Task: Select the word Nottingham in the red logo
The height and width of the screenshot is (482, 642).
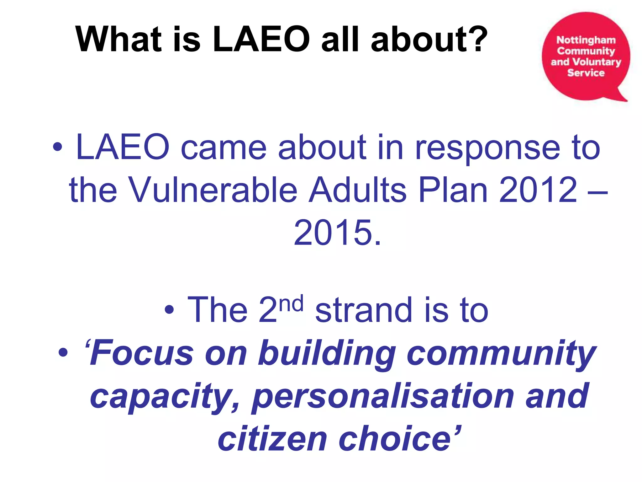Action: (x=586, y=40)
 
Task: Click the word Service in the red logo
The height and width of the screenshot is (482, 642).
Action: (x=586, y=73)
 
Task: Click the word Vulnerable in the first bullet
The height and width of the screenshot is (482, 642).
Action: (x=213, y=190)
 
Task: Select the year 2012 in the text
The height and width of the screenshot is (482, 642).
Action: (x=538, y=190)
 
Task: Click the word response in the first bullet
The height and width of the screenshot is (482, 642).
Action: (x=487, y=147)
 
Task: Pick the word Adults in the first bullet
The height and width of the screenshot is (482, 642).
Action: (x=358, y=190)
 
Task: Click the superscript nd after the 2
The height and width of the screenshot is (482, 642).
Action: (x=291, y=303)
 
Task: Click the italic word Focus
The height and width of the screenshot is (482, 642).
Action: (x=141, y=353)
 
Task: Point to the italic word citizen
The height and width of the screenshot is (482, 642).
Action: (x=272, y=439)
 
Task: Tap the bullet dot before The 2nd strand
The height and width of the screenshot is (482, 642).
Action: (x=169, y=310)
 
